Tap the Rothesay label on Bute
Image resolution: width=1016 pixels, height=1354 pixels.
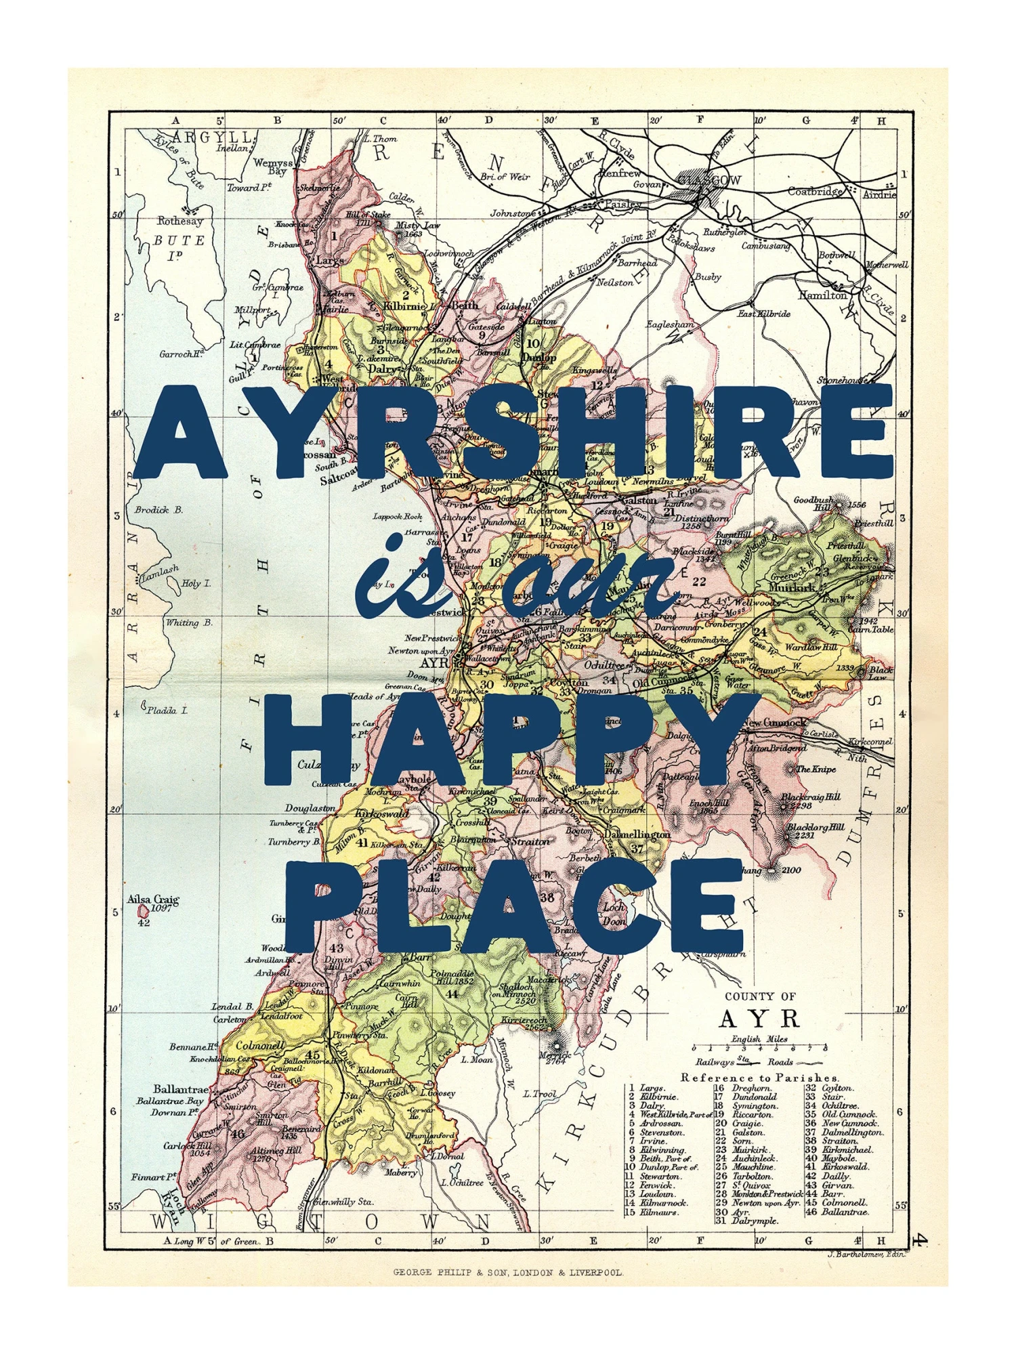pos(179,221)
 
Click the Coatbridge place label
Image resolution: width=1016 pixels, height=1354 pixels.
pos(814,192)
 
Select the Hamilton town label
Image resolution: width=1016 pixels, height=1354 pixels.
pos(822,295)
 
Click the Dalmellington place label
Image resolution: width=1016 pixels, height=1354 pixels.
pos(637,834)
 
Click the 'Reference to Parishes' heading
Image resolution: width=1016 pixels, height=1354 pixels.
pos(759,1078)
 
